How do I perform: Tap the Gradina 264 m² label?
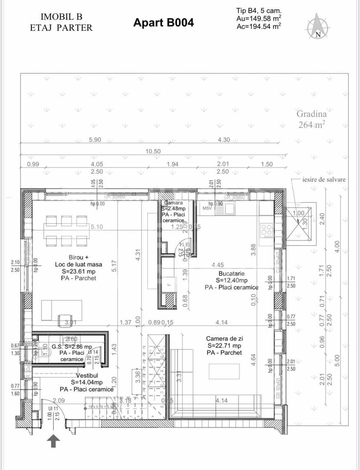[x=312, y=119]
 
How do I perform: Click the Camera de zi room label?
[x=224, y=345]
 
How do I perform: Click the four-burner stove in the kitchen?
[x=266, y=230]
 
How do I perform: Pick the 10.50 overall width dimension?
[x=154, y=151]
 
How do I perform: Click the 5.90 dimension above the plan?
[x=94, y=140]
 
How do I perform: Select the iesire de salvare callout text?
[x=324, y=179]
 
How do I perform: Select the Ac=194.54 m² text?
[x=259, y=26]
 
